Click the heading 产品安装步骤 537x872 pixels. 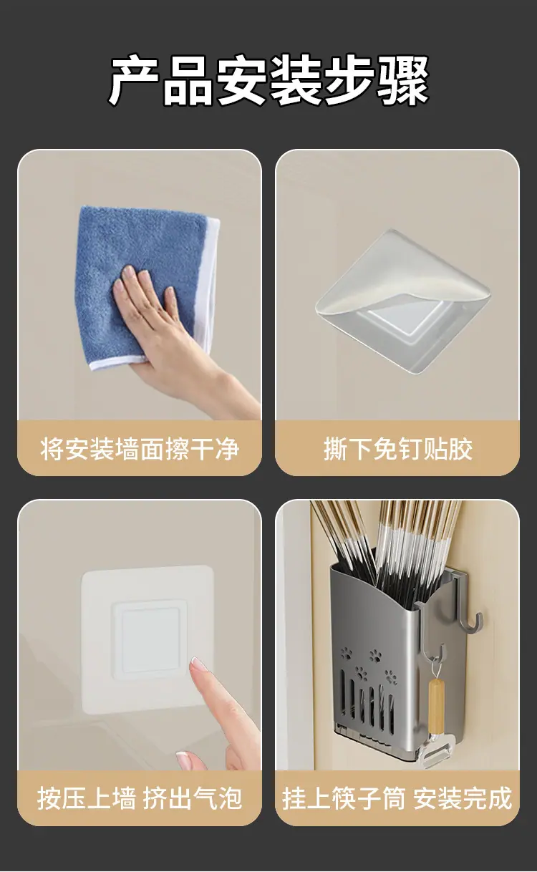click(268, 81)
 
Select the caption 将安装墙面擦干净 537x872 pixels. click(140, 449)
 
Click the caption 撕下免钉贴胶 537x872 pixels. click(398, 449)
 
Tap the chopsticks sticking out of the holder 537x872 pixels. click(385, 545)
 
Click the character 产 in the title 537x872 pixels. click(133, 81)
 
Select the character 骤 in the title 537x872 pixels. click(403, 81)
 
